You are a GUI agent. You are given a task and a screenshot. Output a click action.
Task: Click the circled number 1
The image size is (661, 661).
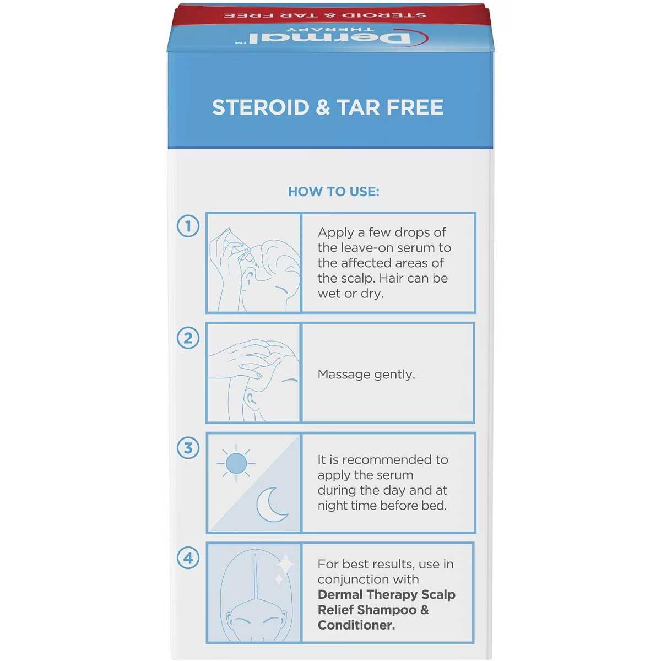[188, 226]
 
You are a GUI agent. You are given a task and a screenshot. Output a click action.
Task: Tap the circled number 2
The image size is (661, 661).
[188, 338]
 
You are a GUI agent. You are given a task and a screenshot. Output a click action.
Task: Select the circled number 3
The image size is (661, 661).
[188, 448]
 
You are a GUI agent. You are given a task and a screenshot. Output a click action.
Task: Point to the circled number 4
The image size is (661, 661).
[188, 558]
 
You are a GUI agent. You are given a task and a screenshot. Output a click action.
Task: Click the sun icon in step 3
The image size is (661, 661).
[236, 463]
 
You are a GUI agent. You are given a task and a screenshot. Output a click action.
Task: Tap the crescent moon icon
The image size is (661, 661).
[272, 505]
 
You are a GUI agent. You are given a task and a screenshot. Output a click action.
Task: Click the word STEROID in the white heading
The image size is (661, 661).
[261, 107]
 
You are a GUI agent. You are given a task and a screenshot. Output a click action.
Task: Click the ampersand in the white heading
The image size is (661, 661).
[322, 107]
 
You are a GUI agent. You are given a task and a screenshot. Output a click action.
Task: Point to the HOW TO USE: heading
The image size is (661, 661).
[333, 192]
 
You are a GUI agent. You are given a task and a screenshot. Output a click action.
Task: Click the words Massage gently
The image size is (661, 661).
[366, 374]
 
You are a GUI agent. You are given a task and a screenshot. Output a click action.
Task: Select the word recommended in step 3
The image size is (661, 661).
[389, 460]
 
